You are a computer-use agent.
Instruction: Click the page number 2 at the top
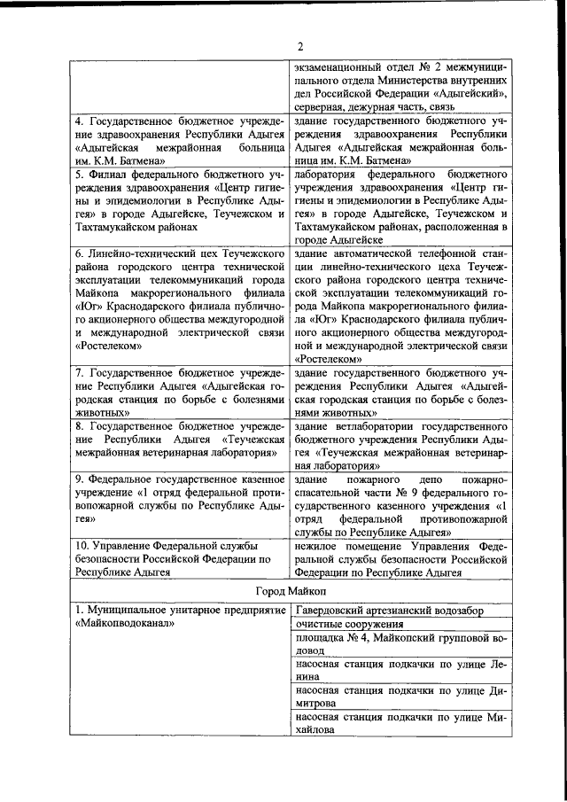(x=299, y=46)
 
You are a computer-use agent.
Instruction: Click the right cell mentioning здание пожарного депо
(x=400, y=506)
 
